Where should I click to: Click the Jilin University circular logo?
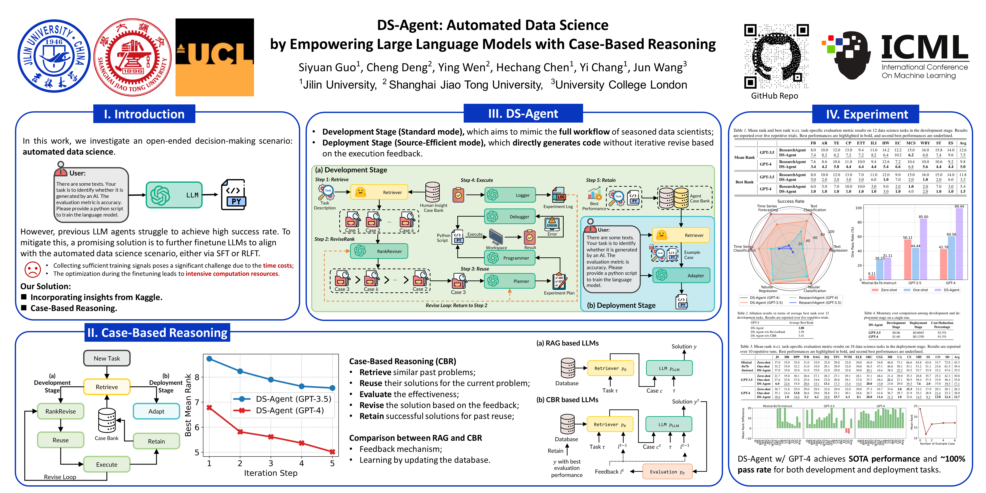[54, 56]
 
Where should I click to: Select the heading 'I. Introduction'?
[144, 114]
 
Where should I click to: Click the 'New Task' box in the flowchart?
[107, 358]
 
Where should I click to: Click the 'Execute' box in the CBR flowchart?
[107, 464]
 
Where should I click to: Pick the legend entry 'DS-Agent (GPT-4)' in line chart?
[289, 411]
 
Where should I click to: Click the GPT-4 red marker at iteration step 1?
[209, 408]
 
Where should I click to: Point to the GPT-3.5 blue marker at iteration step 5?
[332, 388]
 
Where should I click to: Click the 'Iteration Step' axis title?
[271, 473]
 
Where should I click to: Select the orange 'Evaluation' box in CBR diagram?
[667, 472]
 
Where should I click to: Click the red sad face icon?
[33, 269]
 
